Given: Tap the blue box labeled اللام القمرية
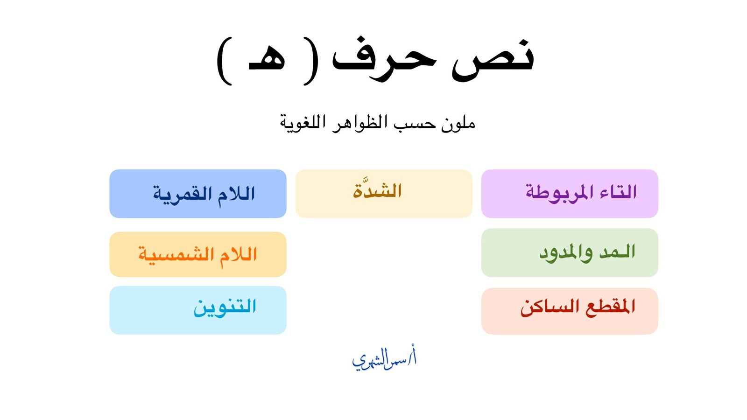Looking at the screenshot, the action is [x=198, y=194].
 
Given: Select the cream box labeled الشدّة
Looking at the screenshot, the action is [x=383, y=194].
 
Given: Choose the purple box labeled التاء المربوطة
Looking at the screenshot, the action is [x=570, y=194].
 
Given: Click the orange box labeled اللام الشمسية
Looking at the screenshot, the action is [x=198, y=254].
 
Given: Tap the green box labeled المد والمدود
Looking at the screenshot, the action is [x=570, y=252].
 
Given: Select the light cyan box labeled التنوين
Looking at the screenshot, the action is [x=198, y=310].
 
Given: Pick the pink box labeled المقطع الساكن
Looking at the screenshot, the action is [x=570, y=311].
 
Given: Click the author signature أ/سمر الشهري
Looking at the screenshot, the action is [x=384, y=358].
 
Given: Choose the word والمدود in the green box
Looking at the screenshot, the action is [x=566, y=253].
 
